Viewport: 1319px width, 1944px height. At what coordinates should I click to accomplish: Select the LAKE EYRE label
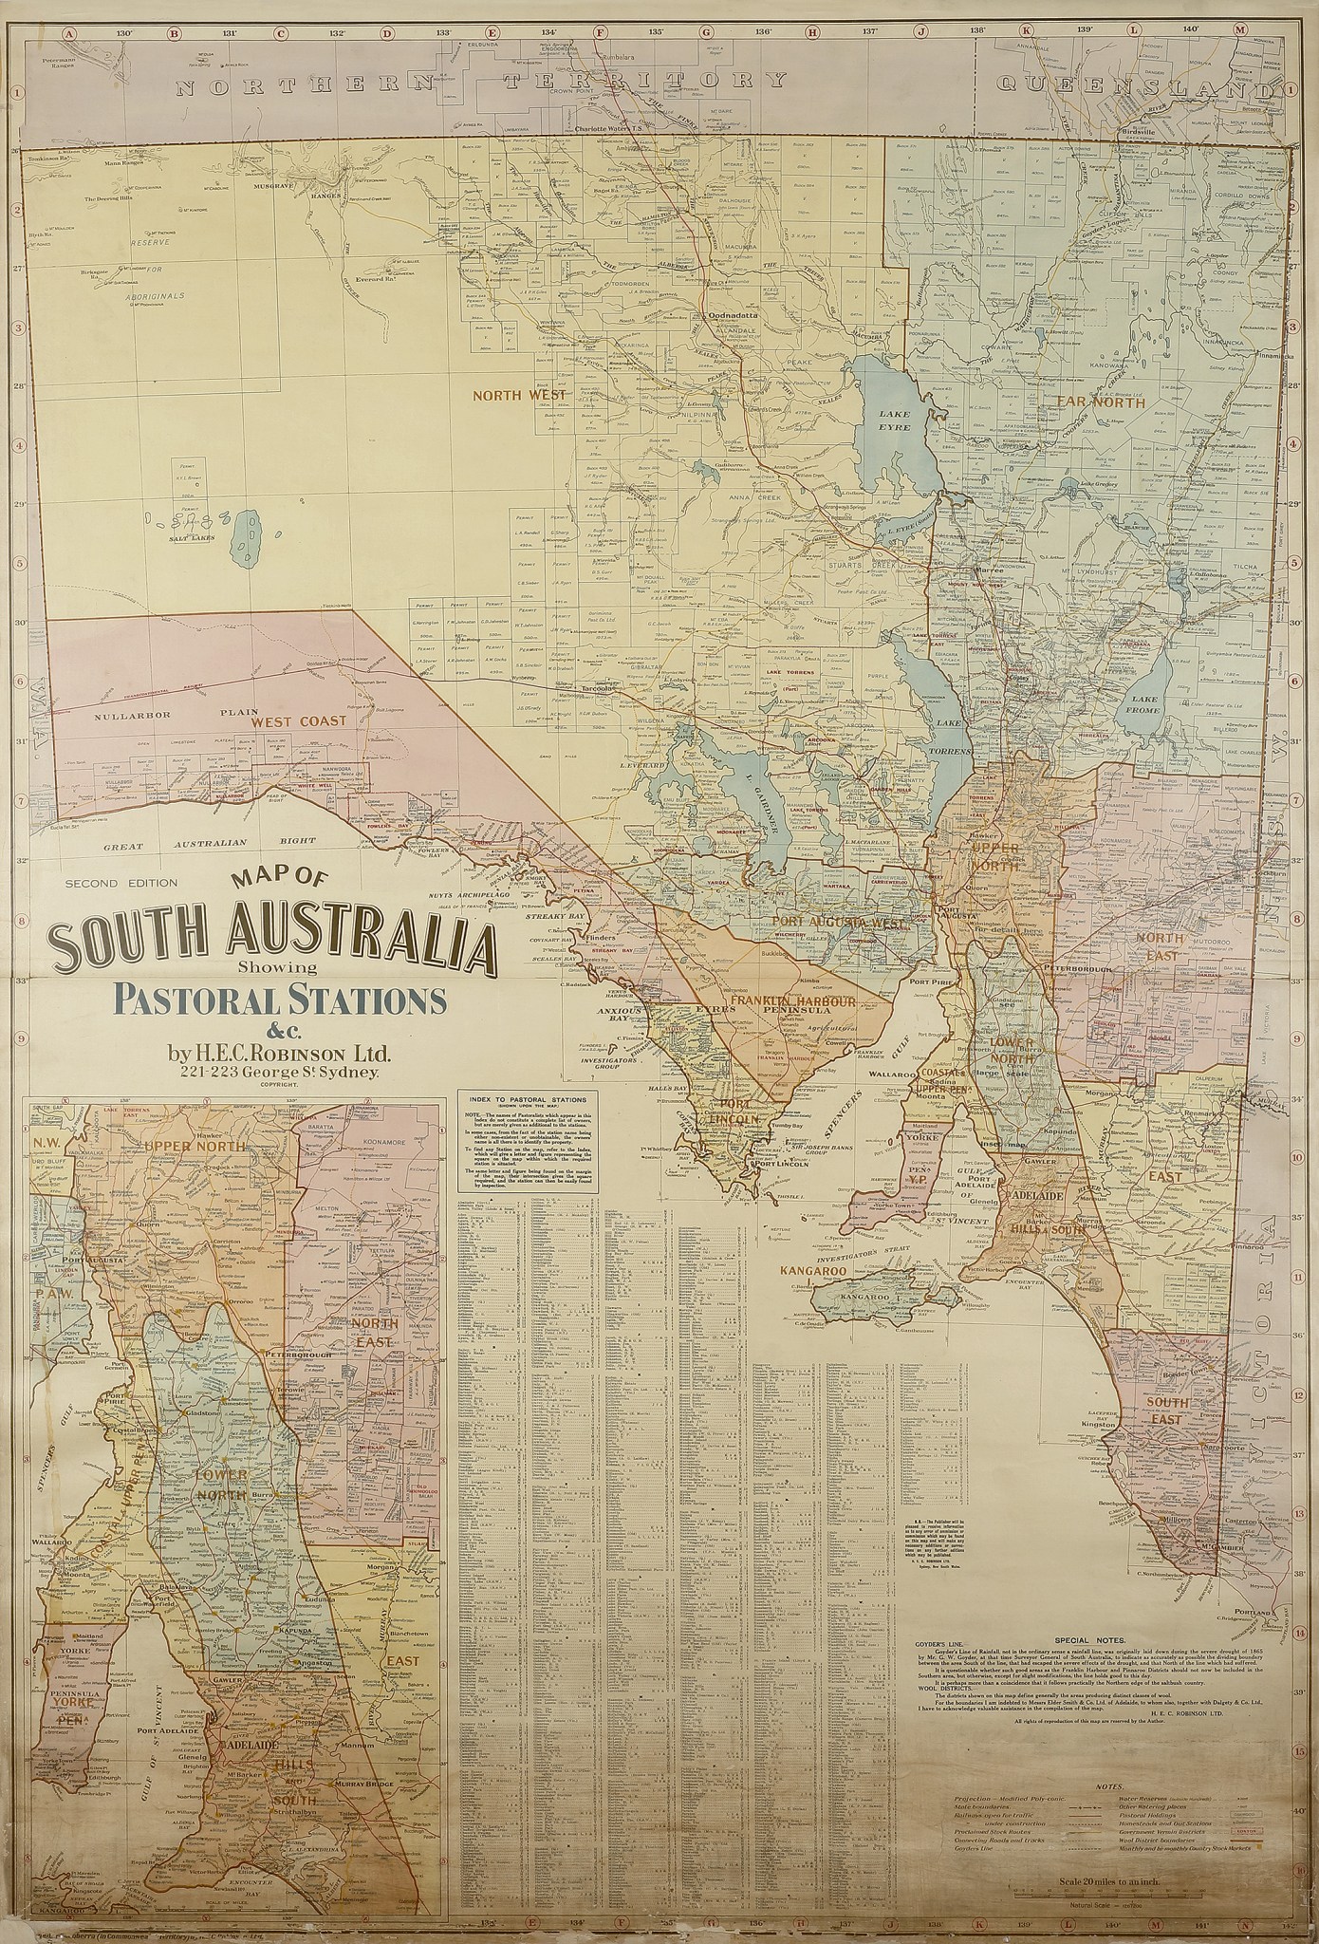(895, 421)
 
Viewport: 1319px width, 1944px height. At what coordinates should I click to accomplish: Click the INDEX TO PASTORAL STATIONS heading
(527, 1096)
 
